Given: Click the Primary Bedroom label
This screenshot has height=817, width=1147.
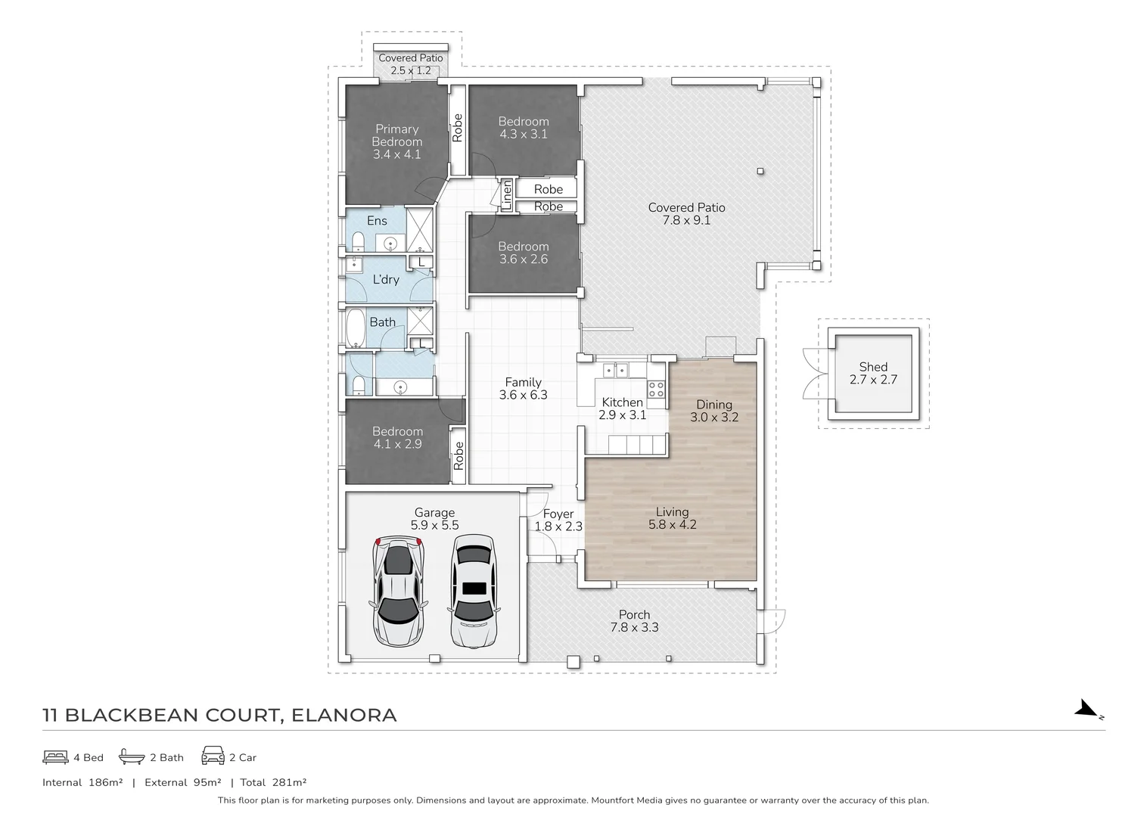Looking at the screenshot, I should pos(396,141).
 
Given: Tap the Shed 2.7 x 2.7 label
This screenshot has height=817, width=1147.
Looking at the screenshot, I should pos(873,373).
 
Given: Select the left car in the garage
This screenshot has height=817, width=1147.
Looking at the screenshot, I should pos(396,591).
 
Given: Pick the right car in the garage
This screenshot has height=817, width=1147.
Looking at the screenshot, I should pos(474,591).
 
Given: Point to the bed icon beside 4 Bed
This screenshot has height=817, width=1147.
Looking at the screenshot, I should pos(55,756).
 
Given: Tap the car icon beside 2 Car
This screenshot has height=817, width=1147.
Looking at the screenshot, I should pos(213,756).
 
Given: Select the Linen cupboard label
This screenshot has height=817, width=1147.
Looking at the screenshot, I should pos(507,194).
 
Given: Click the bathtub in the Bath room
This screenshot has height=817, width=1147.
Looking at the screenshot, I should pos(356,328).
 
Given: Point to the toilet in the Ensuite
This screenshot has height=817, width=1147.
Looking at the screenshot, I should pos(358,242).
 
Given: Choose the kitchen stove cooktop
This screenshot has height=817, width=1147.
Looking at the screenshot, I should pos(656,390).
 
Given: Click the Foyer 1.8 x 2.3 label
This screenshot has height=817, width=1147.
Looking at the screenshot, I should pos(558,520).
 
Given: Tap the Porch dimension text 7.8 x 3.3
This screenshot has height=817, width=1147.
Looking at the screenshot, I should pos(634,627).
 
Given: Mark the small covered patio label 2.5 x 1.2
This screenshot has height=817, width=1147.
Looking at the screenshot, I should pos(410,70).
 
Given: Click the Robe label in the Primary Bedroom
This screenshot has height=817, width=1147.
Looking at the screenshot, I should pos(458,128).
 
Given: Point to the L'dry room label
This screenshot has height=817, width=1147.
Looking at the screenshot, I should pos(386,279).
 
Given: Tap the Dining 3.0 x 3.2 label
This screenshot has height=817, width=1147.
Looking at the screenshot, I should pos(713,411).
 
